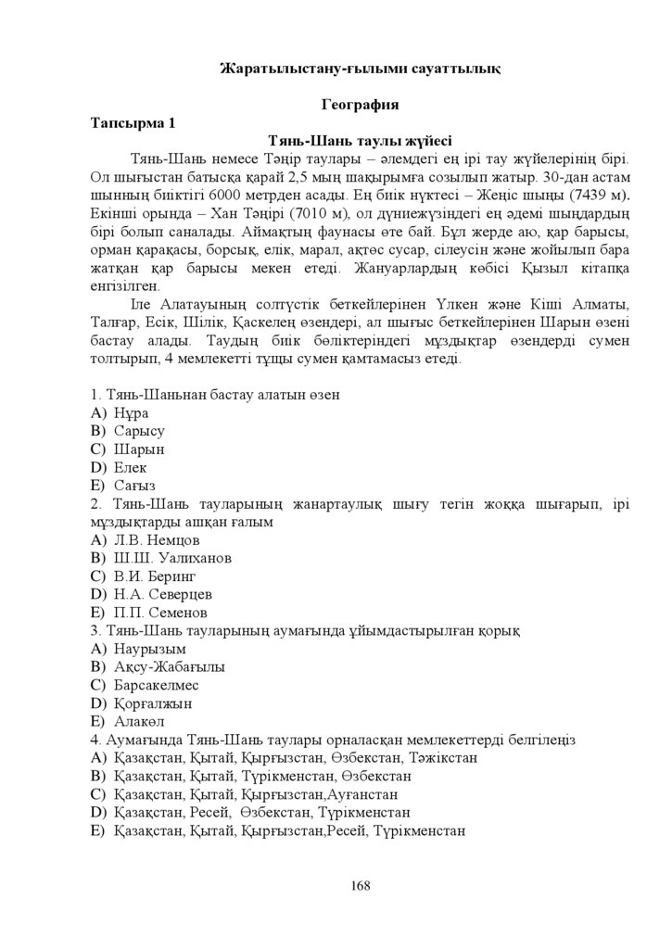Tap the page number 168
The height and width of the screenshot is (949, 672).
click(x=361, y=885)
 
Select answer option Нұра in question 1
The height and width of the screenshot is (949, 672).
click(x=132, y=412)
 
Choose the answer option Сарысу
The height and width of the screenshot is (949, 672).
click(x=139, y=431)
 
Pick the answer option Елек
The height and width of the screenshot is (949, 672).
click(x=131, y=467)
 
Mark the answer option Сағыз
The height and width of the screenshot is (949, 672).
click(x=134, y=485)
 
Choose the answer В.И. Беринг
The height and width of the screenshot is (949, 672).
click(x=155, y=576)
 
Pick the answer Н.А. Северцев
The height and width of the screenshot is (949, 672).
click(x=163, y=594)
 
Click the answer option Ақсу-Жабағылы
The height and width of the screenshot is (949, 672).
click(x=170, y=666)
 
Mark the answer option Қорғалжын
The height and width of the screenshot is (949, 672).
click(x=152, y=702)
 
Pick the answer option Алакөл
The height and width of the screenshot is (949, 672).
click(x=139, y=721)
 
